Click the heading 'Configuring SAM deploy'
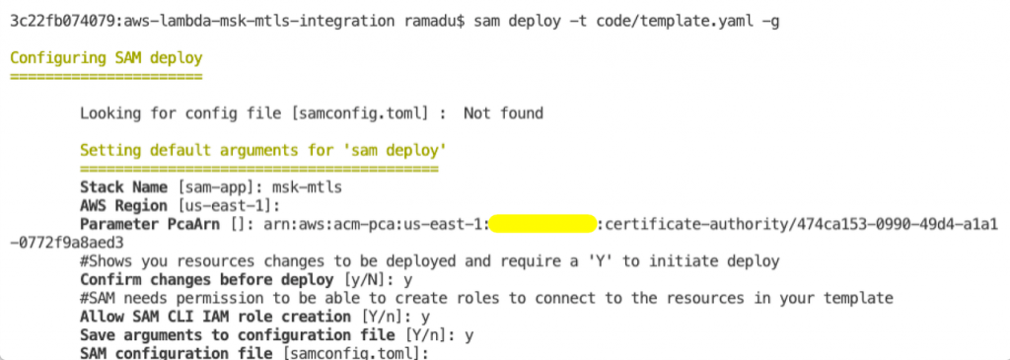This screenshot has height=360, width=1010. tap(107, 58)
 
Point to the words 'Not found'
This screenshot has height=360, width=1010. tap(503, 113)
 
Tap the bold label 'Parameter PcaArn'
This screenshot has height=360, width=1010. tap(145, 224)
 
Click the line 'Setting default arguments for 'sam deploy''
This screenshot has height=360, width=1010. tap(263, 151)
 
